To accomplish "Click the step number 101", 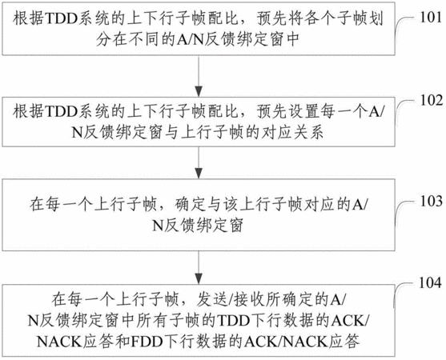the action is (431, 18).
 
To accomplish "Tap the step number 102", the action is (432, 101).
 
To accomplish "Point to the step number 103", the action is (432, 201).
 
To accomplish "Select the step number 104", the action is (430, 283).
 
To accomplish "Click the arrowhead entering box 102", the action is (199, 91).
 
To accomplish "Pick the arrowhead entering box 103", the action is (199, 173).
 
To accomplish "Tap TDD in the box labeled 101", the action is (61, 19).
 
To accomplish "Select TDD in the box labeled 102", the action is (61, 112).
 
